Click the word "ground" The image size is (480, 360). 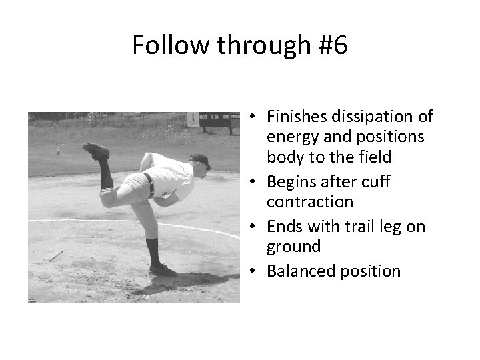click(x=293, y=247)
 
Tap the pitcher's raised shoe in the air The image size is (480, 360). click(x=97, y=151)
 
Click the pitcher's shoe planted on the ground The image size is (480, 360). click(x=163, y=269)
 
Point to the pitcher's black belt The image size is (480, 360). click(x=148, y=183)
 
